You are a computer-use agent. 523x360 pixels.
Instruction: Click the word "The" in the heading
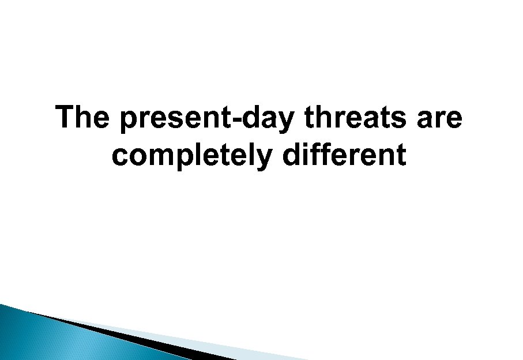coord(82,118)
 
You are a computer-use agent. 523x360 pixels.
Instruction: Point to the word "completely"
coord(191,156)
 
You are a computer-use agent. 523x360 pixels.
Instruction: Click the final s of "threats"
coord(404,121)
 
